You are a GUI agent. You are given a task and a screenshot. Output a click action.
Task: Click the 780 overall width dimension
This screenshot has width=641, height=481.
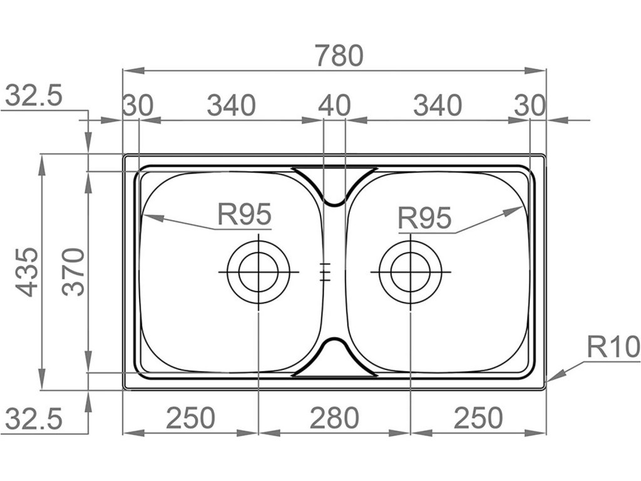click(x=339, y=56)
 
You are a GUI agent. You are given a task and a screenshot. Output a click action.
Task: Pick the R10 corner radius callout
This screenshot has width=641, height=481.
click(x=612, y=346)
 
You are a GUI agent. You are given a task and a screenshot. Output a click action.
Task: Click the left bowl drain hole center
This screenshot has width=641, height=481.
click(x=258, y=272)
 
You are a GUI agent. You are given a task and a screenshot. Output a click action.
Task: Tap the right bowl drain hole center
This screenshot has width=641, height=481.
click(x=410, y=272)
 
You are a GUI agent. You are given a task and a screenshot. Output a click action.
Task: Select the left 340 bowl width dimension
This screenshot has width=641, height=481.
click(x=231, y=105)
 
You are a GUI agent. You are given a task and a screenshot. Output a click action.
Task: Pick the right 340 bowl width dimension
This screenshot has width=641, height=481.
click(x=437, y=105)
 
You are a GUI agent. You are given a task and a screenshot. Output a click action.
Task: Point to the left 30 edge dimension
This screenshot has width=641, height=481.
click(x=137, y=105)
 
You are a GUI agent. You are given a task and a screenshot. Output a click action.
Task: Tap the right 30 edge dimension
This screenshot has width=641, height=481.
click(x=530, y=105)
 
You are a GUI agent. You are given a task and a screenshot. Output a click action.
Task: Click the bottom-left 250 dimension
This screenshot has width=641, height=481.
click(x=190, y=418)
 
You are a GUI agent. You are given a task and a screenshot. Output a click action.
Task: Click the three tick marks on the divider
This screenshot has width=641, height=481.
click(x=324, y=272)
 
